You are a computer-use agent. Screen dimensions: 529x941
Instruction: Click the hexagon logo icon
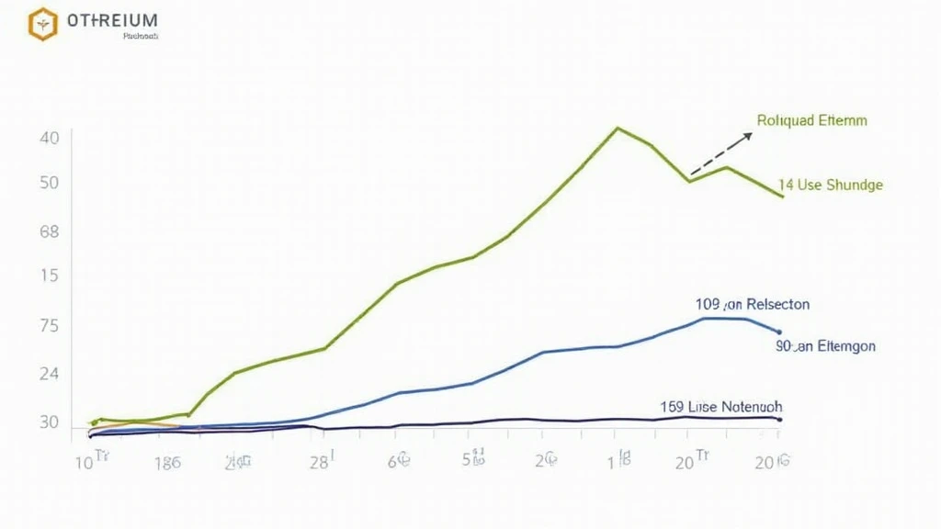point(42,24)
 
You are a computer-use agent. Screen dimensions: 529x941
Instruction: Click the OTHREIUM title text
point(112,20)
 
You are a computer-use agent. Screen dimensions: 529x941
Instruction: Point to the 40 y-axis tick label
point(50,138)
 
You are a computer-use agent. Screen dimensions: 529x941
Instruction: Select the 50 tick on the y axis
point(50,183)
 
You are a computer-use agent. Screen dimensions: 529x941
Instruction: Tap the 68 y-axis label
point(50,231)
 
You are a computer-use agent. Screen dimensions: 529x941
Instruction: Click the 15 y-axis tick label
point(50,276)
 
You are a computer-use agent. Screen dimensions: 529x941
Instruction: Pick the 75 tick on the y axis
point(50,326)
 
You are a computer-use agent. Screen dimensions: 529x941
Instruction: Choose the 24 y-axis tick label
point(50,375)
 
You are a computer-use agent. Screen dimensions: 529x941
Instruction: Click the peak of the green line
point(618,128)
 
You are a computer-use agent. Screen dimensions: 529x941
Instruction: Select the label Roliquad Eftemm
point(811,120)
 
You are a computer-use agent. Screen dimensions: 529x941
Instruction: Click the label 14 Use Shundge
point(830,185)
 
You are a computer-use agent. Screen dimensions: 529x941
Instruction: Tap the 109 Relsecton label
point(753,304)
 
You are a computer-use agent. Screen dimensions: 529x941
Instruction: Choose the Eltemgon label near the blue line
point(825,347)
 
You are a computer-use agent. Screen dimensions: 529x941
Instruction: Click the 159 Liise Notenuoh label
point(721,405)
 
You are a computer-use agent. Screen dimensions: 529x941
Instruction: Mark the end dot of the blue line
point(779,332)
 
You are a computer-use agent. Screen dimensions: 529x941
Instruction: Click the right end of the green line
point(782,197)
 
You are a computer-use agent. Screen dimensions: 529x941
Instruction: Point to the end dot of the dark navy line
point(779,420)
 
